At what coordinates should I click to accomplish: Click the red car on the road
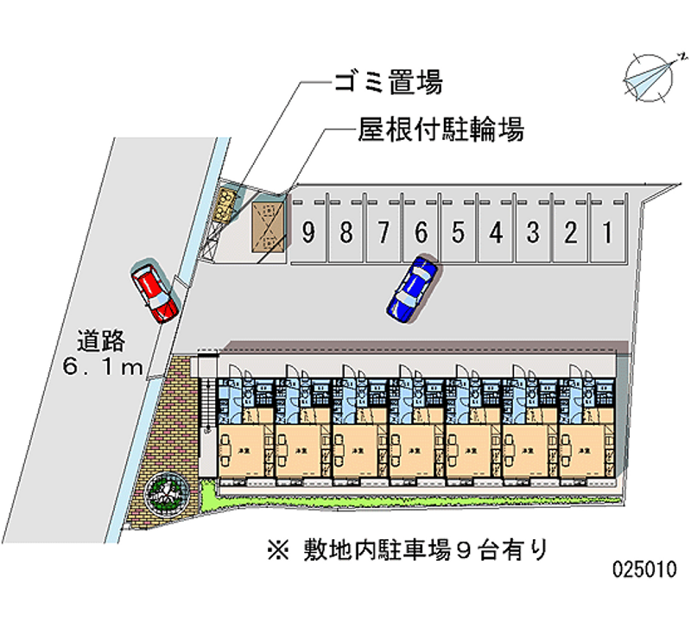pyautogui.click(x=154, y=292)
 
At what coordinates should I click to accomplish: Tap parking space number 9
pyautogui.click(x=308, y=232)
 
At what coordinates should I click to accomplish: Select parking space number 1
pyautogui.click(x=608, y=232)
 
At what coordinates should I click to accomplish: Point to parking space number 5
pyautogui.click(x=459, y=232)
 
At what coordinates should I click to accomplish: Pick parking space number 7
pyautogui.click(x=384, y=232)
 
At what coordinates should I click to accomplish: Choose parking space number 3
pyautogui.click(x=534, y=232)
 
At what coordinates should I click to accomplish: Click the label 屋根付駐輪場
pyautogui.click(x=440, y=131)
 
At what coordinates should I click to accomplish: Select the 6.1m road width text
pyautogui.click(x=102, y=368)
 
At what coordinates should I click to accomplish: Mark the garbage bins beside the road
pyautogui.click(x=227, y=205)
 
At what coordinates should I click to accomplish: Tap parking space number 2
pyautogui.click(x=571, y=232)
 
